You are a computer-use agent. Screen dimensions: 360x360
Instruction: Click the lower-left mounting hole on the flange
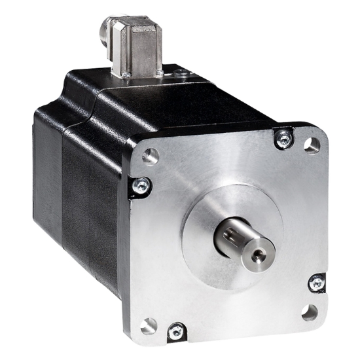[150, 323]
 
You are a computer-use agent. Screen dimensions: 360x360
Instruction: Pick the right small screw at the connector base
[160, 69]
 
